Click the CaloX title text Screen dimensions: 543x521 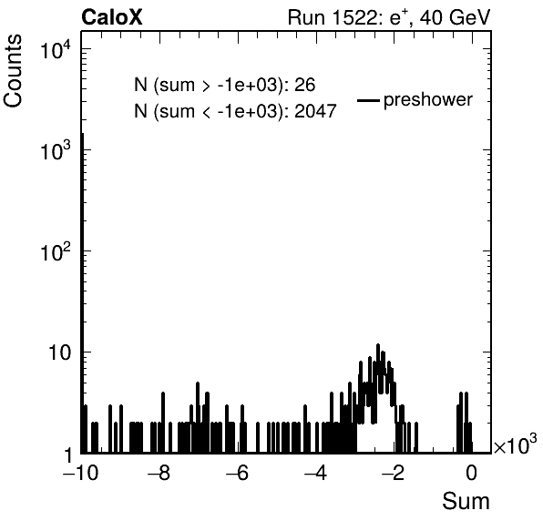(x=112, y=17)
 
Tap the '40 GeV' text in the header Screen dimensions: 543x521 (x=456, y=17)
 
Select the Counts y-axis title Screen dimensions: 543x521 (x=13, y=71)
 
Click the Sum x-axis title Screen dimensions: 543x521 (x=466, y=501)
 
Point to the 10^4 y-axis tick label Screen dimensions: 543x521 (x=57, y=49)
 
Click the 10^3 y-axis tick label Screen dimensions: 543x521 (x=57, y=150)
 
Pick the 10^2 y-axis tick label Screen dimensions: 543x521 (x=57, y=251)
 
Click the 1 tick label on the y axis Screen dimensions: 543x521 (x=69, y=455)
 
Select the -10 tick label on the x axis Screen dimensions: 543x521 (x=81, y=473)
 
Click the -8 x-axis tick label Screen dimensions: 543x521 (x=159, y=473)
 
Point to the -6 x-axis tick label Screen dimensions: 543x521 (x=237, y=473)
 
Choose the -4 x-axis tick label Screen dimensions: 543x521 (x=315, y=473)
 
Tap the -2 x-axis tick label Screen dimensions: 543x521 (x=394, y=473)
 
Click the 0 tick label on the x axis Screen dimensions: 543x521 (x=471, y=473)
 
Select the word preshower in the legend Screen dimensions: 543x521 (x=428, y=100)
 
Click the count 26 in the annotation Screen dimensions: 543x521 (x=304, y=85)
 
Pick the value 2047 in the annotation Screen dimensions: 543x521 (x=315, y=111)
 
